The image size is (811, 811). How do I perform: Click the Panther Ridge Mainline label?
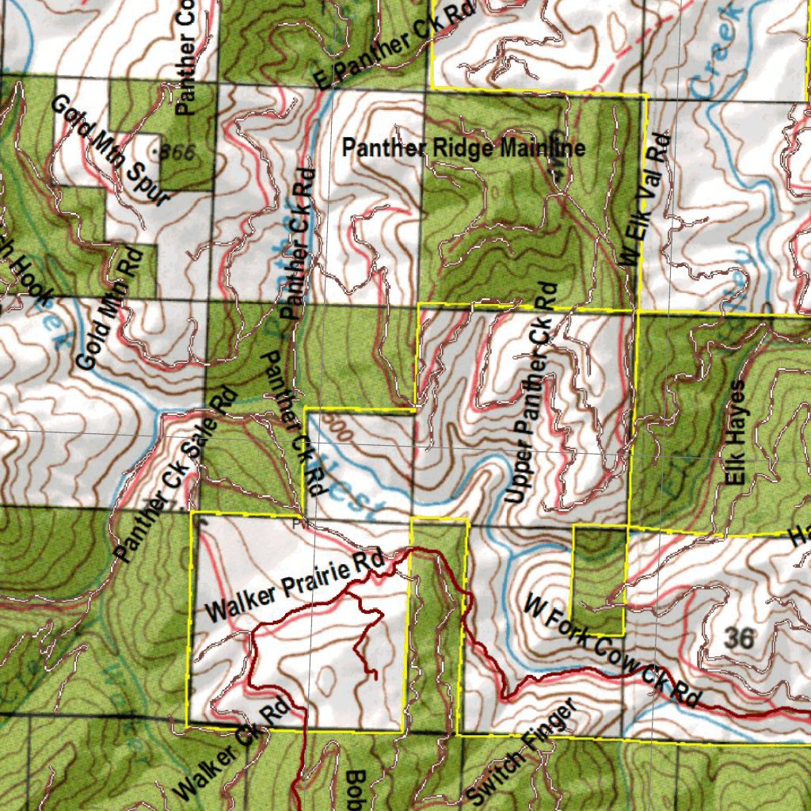463,148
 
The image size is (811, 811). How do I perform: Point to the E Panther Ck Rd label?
394,45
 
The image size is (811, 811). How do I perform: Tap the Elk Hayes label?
737,432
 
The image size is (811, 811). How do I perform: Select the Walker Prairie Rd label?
295,587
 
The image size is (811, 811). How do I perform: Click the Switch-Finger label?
520,752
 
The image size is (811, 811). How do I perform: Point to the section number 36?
738,638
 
